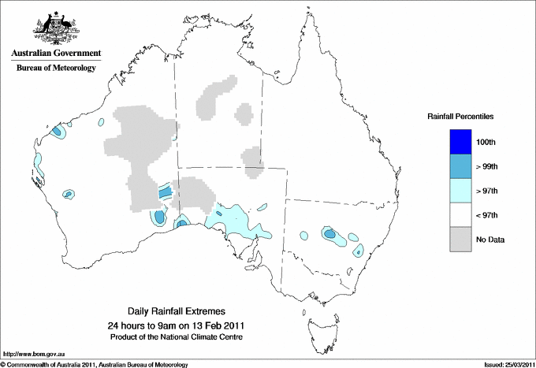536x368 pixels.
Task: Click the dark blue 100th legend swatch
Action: (460, 142)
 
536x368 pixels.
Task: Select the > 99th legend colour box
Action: (460, 165)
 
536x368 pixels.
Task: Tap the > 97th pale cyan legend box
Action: (460, 190)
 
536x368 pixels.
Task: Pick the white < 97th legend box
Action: (460, 214)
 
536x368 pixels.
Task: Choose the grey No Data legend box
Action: (460, 239)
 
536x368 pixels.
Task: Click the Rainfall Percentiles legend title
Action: (460, 116)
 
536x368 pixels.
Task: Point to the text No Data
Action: (489, 239)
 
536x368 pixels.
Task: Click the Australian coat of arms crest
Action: (55, 28)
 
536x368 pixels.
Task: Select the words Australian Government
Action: (55, 54)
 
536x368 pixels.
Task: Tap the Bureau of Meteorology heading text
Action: (55, 69)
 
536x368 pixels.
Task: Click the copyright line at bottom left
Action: (95, 364)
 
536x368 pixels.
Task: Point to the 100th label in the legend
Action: (486, 142)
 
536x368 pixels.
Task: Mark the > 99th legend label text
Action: (487, 166)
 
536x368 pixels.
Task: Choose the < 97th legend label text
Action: (487, 214)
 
